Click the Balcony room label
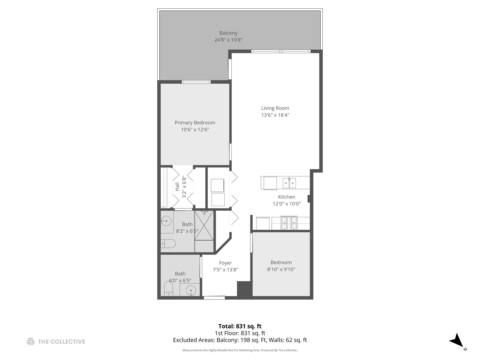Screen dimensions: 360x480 (x=228, y=33)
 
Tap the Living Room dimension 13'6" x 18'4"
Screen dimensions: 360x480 (x=275, y=115)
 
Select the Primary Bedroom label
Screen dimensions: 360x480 (x=195, y=123)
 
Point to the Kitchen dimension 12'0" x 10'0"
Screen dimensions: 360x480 (x=287, y=204)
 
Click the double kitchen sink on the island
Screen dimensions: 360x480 (x=289, y=183)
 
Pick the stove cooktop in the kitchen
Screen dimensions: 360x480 (x=289, y=223)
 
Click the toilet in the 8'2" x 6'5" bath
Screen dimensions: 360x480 (x=168, y=244)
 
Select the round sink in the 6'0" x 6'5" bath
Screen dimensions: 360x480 (x=191, y=290)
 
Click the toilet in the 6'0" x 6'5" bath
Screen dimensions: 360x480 (x=169, y=288)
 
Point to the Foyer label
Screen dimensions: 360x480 (x=225, y=263)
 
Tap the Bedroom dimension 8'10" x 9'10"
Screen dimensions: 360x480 (x=281, y=269)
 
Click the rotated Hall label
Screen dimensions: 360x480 (x=177, y=187)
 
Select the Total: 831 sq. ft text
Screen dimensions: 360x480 (x=240, y=326)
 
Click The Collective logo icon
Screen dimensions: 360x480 (x=31, y=341)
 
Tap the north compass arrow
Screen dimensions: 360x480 (x=456, y=341)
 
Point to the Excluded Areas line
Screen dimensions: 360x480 (x=240, y=340)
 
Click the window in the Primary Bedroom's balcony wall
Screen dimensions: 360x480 (x=196, y=82)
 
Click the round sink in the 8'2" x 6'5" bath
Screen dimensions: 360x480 (x=166, y=221)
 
